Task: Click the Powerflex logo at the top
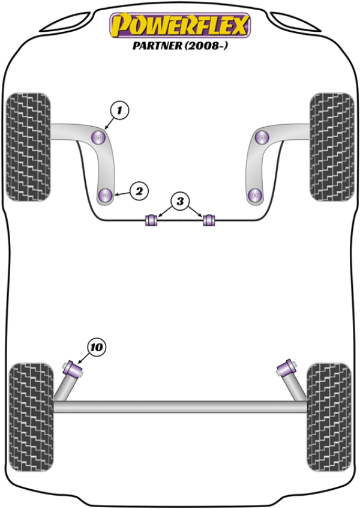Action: pos(180,25)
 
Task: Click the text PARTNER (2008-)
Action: pos(180,46)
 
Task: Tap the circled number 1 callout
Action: pos(119,110)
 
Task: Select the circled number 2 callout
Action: pos(139,191)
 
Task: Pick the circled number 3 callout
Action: pos(180,201)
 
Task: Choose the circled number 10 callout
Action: pos(97,348)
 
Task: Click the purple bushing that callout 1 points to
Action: pos(99,137)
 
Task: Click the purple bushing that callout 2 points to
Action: pos(105,195)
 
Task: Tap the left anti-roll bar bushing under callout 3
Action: pos(151,220)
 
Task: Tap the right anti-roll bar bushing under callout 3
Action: pos(209,220)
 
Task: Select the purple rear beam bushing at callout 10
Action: pos(73,369)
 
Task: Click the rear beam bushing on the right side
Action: pos(287,368)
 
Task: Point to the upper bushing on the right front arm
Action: pos(262,137)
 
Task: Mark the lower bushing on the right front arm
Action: pos(255,195)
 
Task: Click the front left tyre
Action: pos(29,146)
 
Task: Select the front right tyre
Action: pos(332,146)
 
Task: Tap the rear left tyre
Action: pos(31,417)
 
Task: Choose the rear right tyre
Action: pos(329,417)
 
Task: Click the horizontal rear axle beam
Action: pos(180,407)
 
